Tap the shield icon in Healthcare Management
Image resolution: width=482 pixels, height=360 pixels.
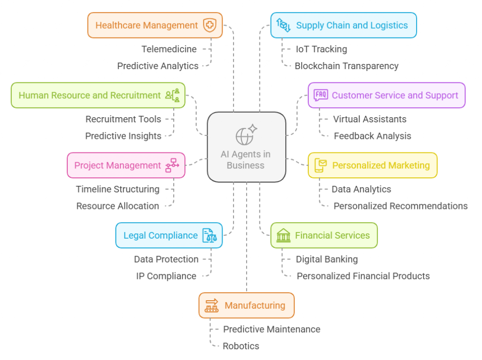coord(209,25)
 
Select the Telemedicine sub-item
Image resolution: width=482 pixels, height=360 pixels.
coord(169,49)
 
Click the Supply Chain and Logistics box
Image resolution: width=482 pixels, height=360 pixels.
coord(343,25)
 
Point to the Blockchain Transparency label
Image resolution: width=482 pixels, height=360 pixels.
coord(346,66)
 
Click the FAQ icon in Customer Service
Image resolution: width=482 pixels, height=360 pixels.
coord(321,95)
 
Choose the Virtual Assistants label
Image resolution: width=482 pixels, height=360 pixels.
coord(370,119)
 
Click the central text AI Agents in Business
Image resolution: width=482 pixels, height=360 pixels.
coord(245,160)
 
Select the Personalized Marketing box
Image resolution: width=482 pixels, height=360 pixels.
coord(372,165)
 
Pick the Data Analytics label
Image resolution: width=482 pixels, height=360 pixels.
coord(361,189)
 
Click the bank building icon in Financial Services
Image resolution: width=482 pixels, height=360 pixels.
coord(283,235)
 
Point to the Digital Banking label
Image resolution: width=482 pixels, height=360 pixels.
coord(327,259)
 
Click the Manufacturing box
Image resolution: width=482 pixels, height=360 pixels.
coord(246,305)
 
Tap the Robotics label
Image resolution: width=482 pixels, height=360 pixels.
coord(241,346)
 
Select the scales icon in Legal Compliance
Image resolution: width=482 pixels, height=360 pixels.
coord(209,235)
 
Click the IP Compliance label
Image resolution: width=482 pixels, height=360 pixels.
coord(166,276)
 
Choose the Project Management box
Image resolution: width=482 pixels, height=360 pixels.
coord(126,165)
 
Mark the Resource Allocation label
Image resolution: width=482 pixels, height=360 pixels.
coord(118,206)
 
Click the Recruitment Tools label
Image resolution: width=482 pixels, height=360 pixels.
coord(123,119)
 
